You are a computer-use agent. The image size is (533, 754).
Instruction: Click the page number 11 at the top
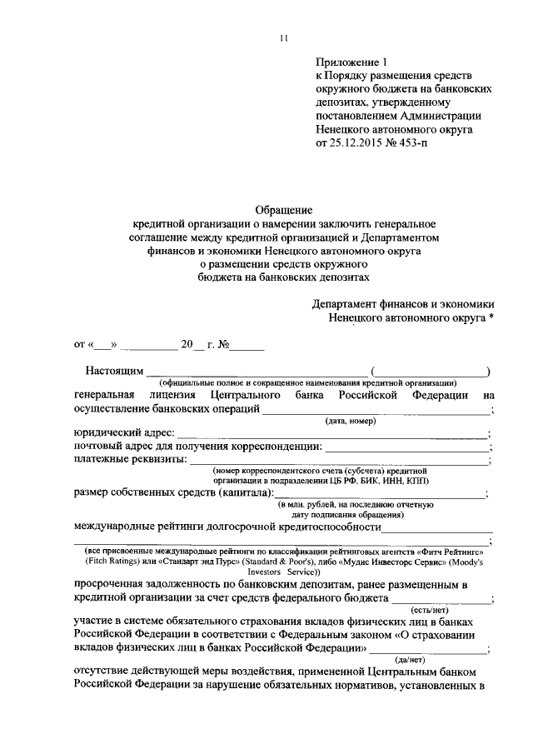(284, 37)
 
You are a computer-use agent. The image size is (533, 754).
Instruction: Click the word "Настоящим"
(114, 370)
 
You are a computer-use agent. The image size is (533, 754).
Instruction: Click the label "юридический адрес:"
(122, 433)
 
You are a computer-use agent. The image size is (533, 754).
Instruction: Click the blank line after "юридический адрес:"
(333, 435)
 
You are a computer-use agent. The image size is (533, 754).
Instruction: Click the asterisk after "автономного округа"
(492, 317)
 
